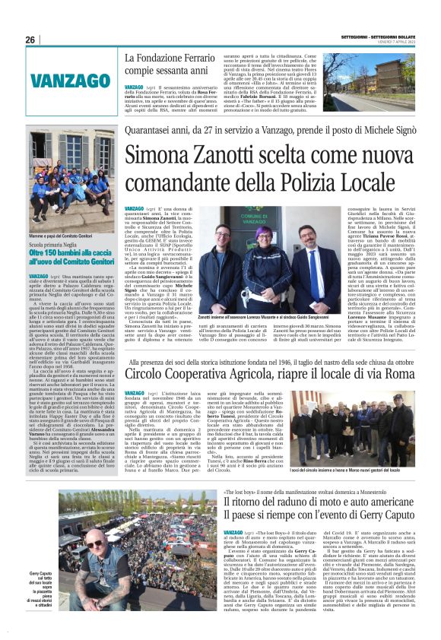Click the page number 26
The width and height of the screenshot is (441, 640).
(x=30, y=40)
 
